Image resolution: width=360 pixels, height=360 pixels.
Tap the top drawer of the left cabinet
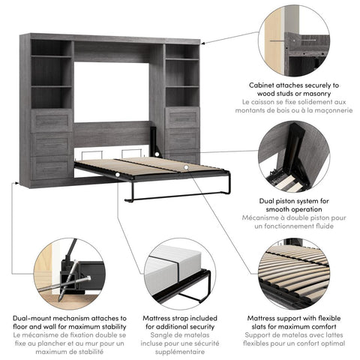[x=52, y=121]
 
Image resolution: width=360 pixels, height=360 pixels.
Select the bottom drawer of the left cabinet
[x=52, y=166]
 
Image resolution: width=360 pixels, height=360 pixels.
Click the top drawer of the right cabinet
[x=182, y=118]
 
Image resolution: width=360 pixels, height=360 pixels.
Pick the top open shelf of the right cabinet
[x=182, y=49]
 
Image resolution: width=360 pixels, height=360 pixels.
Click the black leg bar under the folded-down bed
[x=180, y=196]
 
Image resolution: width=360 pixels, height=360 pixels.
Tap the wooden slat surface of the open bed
[x=150, y=164]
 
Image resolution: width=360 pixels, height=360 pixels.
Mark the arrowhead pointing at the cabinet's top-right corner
[x=206, y=42]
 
